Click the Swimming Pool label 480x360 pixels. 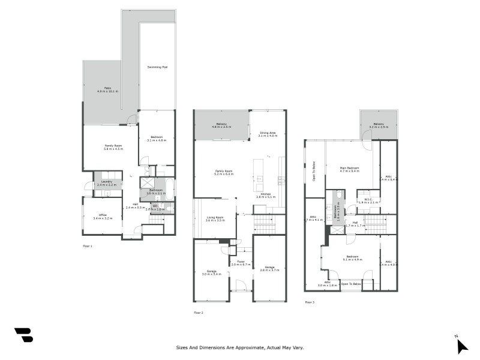pos(157,67)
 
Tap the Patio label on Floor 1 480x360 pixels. pos(108,89)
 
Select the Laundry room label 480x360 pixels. pos(107,183)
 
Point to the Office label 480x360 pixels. pos(102,217)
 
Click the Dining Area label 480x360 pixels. pos(268,134)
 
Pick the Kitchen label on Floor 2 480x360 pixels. pos(265,195)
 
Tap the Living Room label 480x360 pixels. pos(215,219)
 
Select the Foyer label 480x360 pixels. pos(241,263)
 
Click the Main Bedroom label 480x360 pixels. pos(349,169)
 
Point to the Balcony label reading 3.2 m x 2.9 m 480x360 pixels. pos(379,126)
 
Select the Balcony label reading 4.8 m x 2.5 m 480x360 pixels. pos(221,125)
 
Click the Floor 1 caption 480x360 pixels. pos(88,246)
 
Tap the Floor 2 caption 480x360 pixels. pos(198,313)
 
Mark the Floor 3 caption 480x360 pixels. pos(310,302)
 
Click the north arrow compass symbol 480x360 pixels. pos(461,345)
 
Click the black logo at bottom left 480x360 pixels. pos(23,335)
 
